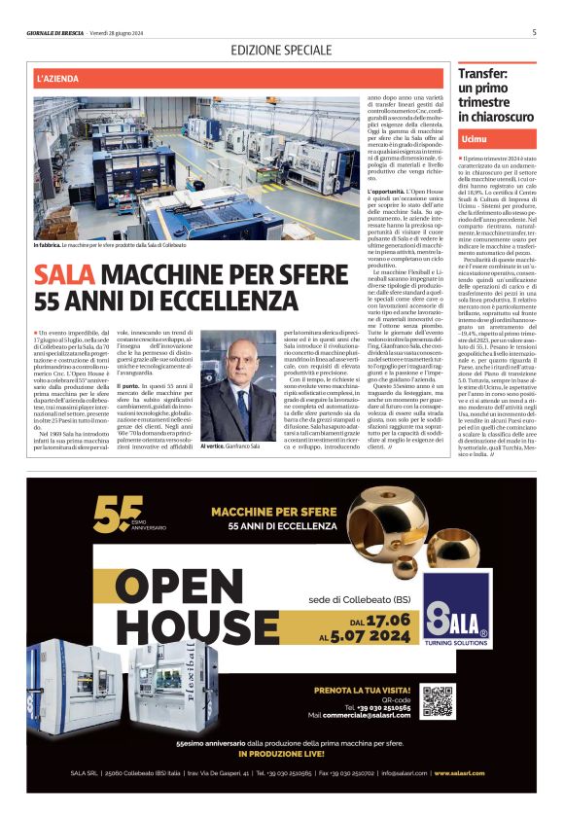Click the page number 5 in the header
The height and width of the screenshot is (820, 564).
(x=534, y=32)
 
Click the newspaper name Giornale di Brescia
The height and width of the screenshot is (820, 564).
(x=56, y=33)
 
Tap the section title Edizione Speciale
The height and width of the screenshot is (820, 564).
(x=281, y=50)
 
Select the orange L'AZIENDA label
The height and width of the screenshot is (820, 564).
(x=60, y=77)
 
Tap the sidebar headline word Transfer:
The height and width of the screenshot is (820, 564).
(x=483, y=73)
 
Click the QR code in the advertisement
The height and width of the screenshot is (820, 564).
(x=438, y=701)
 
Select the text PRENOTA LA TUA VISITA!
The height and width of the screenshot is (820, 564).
(x=358, y=691)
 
